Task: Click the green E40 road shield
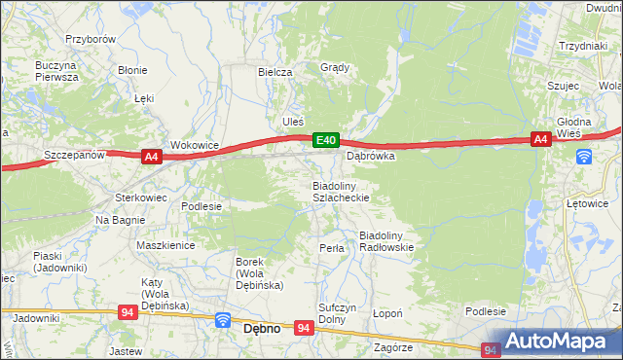(326, 141)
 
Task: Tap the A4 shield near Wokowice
(150, 156)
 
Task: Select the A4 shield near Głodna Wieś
(541, 140)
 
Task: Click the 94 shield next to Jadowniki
(128, 312)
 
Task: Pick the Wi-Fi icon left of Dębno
(222, 320)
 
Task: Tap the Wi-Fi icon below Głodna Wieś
(583, 157)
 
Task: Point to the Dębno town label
(261, 329)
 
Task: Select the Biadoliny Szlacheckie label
(339, 191)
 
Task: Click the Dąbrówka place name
(370, 156)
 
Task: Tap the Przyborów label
(91, 39)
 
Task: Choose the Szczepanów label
(74, 156)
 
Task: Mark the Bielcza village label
(275, 72)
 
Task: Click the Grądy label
(335, 68)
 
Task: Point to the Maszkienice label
(165, 246)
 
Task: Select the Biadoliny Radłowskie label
(387, 241)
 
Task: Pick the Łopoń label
(388, 314)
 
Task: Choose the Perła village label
(332, 248)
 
